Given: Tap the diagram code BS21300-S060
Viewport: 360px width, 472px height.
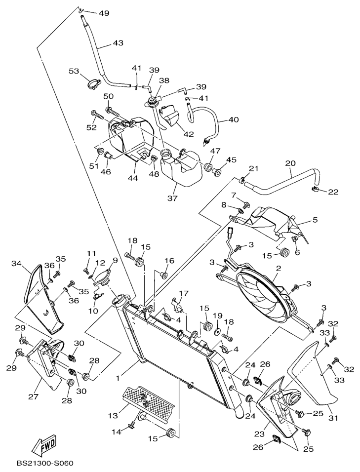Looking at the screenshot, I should click(44, 464).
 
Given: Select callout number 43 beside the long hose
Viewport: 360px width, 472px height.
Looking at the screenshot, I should click(118, 43).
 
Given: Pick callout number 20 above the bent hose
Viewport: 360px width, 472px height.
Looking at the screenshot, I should click(290, 162).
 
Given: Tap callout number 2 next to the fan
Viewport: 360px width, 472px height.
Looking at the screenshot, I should click(279, 269).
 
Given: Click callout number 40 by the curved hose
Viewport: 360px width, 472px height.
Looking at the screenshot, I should click(234, 119).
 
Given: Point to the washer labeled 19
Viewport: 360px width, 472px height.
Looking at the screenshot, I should click(216, 328).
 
